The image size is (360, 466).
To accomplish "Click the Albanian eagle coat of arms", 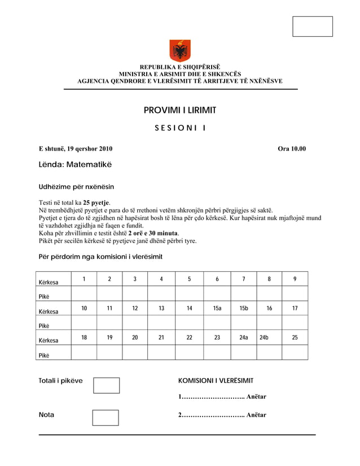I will (180, 51).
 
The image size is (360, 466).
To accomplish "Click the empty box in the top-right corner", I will (312, 27).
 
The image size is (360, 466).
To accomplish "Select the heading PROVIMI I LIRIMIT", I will (180, 110).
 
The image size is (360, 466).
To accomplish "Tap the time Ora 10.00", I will (292, 149).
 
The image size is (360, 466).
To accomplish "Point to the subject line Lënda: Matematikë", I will (75, 165).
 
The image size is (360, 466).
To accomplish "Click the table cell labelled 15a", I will (217, 308).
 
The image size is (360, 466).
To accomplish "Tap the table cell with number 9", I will (295, 279).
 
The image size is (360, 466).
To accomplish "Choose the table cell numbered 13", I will (161, 308).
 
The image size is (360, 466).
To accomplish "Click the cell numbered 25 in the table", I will (295, 337).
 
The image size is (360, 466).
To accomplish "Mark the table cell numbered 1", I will (84, 279).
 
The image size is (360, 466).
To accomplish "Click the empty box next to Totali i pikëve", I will (106, 385).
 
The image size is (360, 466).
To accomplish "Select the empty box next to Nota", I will (105, 417).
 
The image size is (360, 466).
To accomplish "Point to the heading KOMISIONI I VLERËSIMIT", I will (216, 381).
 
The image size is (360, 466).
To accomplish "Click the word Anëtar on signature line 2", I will (256, 415).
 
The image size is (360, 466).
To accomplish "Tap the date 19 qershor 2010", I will (90, 149).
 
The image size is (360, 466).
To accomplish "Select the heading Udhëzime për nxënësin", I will (76, 186).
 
